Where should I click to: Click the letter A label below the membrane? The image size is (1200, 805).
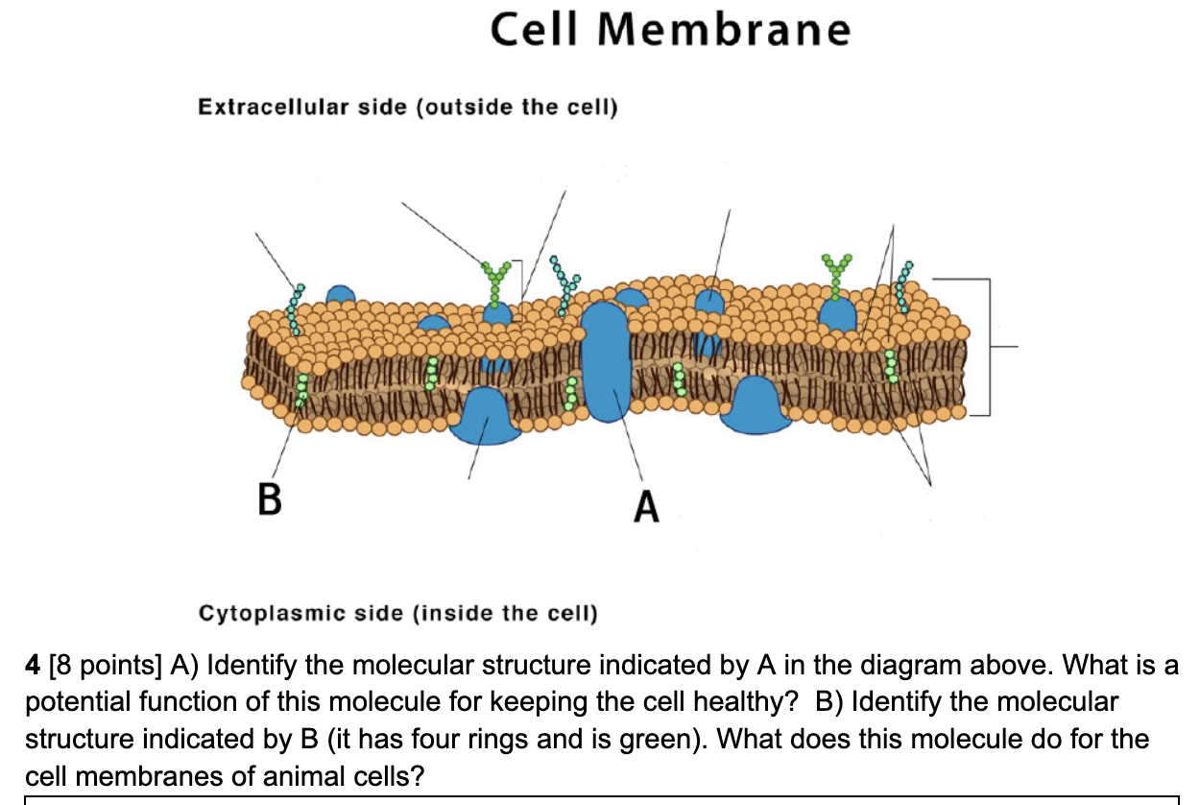pyautogui.click(x=647, y=505)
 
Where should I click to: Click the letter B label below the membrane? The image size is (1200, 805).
pyautogui.click(x=270, y=500)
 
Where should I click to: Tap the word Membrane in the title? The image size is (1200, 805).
pyautogui.click(x=724, y=30)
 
